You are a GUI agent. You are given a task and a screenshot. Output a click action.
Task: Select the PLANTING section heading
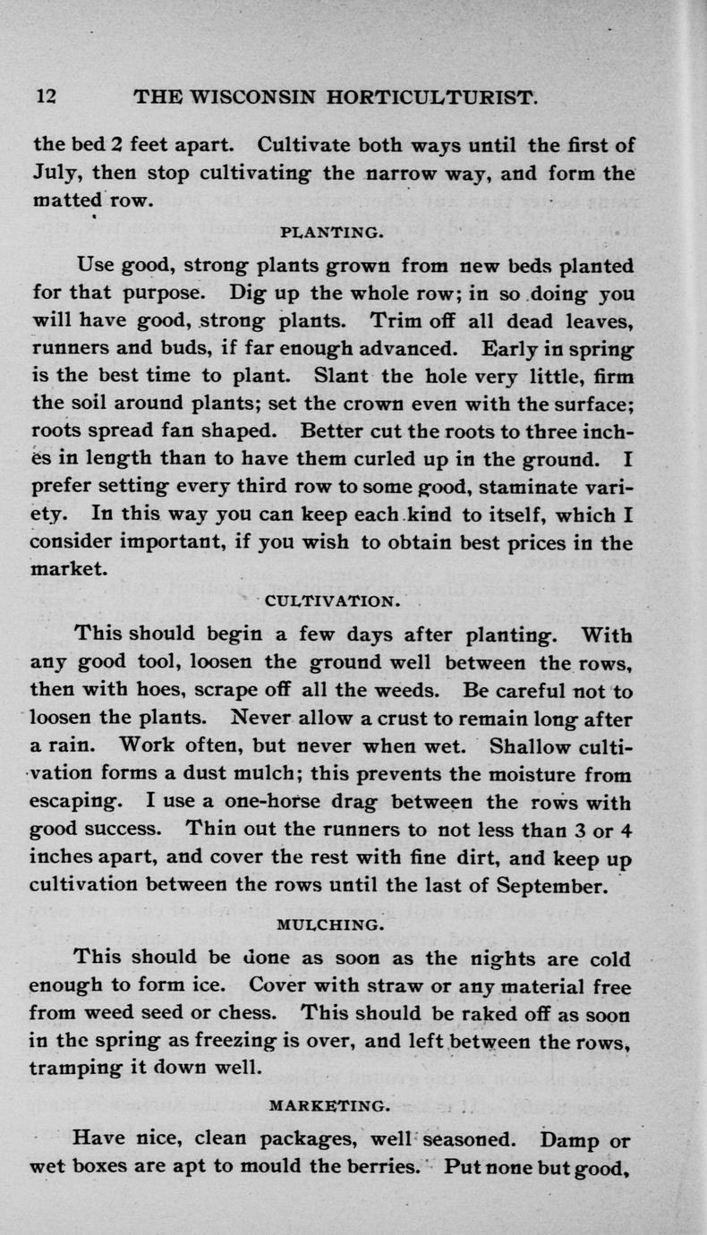click(x=319, y=235)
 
